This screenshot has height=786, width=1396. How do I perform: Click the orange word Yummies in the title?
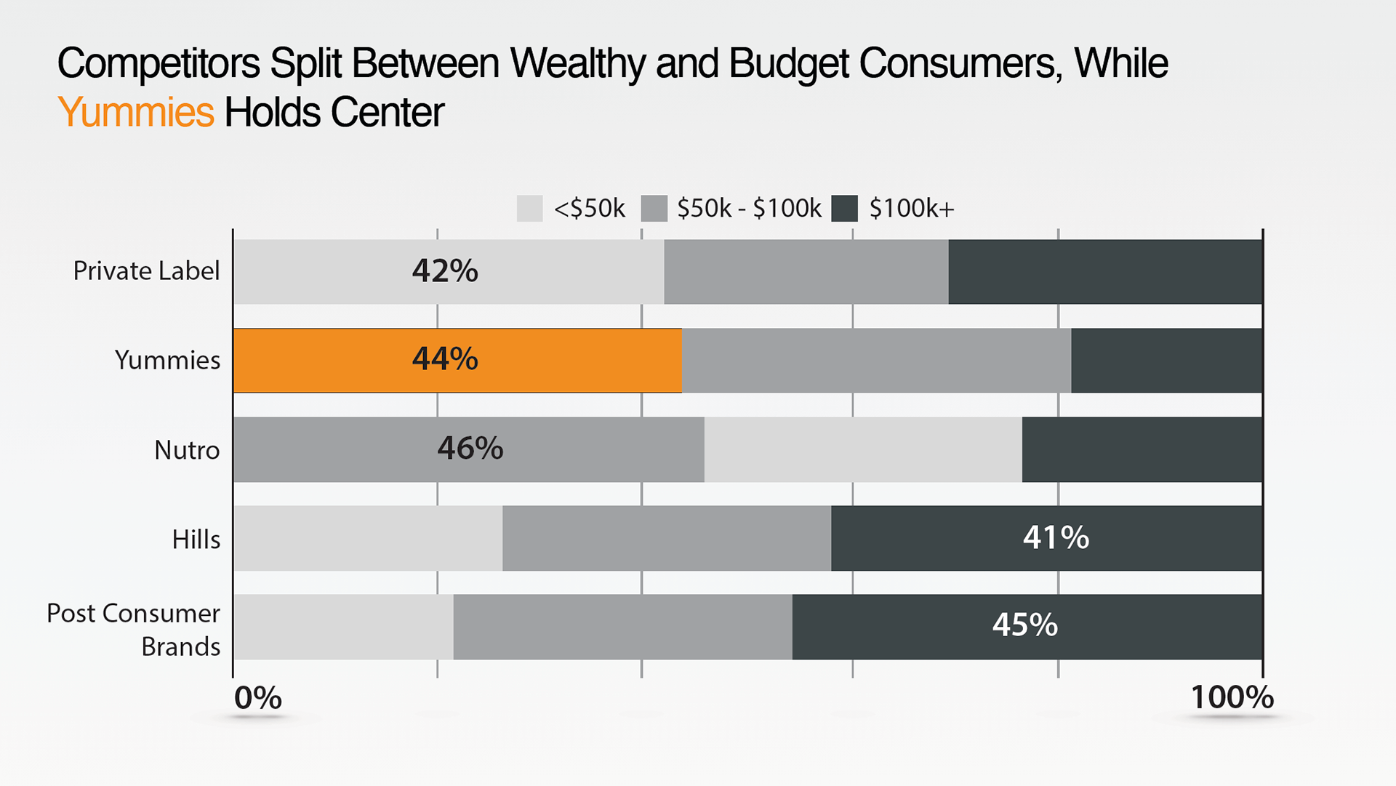click(x=135, y=113)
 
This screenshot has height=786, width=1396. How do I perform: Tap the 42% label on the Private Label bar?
click(x=445, y=271)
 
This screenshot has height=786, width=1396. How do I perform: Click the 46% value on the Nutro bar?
click(x=470, y=449)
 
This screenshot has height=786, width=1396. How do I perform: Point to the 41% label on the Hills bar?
click(x=1056, y=538)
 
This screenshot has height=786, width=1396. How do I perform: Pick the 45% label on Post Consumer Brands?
click(x=1024, y=625)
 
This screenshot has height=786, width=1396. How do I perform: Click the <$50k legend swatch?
click(x=529, y=209)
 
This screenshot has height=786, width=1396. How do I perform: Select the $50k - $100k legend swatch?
click(x=654, y=209)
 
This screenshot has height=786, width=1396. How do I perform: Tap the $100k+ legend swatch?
click(x=844, y=209)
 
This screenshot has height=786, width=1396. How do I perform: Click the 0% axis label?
click(x=257, y=698)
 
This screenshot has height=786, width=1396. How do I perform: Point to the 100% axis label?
click(x=1232, y=698)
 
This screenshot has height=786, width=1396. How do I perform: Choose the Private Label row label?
click(x=146, y=271)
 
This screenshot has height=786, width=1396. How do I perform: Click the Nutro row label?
click(x=187, y=450)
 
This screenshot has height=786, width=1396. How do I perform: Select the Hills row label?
click(x=196, y=540)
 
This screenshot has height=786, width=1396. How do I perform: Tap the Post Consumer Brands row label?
click(x=134, y=630)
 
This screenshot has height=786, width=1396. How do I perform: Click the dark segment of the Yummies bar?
click(x=1166, y=361)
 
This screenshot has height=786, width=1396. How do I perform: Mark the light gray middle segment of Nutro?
click(x=863, y=449)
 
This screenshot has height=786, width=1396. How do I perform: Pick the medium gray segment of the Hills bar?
click(x=666, y=538)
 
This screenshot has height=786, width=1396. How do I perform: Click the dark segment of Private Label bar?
click(x=1105, y=272)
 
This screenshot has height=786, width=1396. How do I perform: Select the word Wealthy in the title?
click(x=577, y=63)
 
